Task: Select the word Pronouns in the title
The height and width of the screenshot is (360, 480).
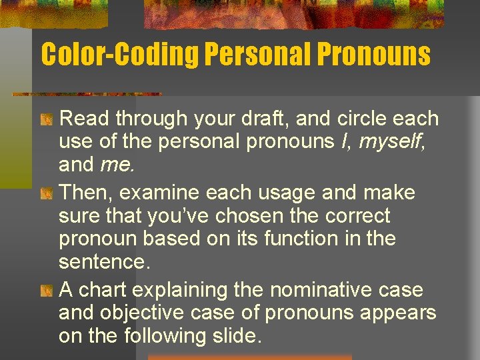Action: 376,55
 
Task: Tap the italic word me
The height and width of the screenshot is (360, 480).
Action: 116,165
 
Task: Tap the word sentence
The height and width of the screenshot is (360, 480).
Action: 103,261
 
